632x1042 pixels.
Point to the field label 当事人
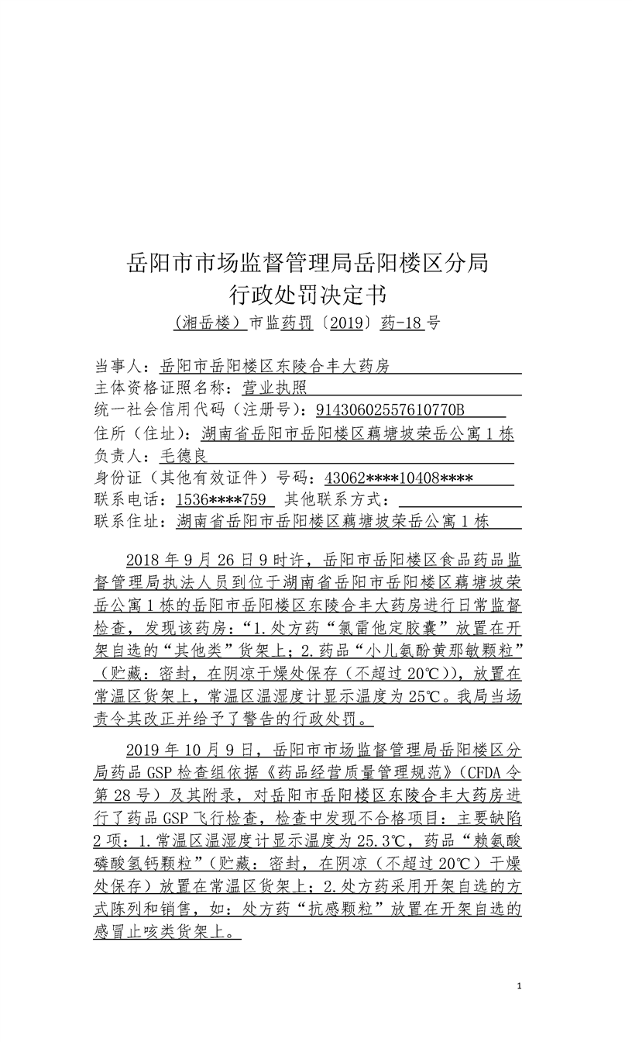tap(121, 366)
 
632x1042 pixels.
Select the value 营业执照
tap(274, 388)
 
